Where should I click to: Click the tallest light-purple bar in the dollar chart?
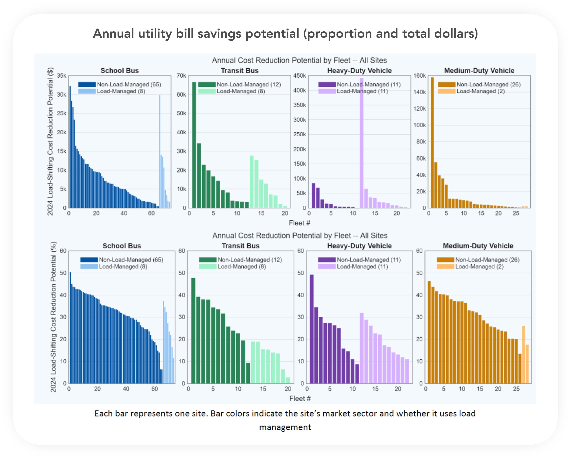362,143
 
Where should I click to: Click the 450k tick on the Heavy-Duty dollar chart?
300,76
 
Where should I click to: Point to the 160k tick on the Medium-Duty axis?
420,76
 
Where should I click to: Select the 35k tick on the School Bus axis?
61,76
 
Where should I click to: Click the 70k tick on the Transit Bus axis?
181,76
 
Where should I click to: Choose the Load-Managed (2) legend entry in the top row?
480,91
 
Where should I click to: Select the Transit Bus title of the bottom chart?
240,246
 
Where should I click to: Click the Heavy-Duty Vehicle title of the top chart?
359,70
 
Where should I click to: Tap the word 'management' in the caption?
285,427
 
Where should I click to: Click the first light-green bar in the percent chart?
253,362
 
